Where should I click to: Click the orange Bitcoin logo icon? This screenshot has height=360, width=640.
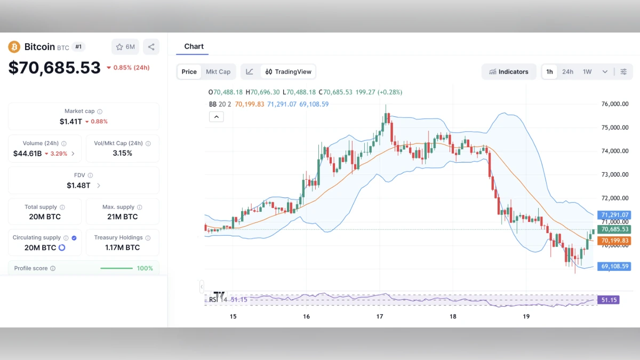click(14, 47)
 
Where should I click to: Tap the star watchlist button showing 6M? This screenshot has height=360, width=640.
click(125, 47)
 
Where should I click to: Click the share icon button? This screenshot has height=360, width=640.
click(151, 47)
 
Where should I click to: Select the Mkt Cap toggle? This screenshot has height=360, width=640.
click(218, 72)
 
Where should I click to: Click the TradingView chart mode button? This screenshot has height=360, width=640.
click(289, 72)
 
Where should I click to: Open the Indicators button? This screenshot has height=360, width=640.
click(509, 72)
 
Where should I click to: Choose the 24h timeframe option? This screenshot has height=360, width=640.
click(567, 72)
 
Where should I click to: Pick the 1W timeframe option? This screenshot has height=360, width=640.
click(587, 72)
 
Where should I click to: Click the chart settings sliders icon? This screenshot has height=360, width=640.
click(623, 72)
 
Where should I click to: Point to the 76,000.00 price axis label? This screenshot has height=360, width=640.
click(614, 104)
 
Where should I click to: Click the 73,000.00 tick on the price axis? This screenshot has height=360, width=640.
click(614, 174)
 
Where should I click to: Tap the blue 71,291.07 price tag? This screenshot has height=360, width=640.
click(614, 215)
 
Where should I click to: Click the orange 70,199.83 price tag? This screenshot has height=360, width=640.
click(614, 241)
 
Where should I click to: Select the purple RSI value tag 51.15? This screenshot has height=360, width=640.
click(609, 300)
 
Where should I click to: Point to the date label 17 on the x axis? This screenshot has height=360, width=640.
click(380, 317)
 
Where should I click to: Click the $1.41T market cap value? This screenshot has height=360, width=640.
click(71, 122)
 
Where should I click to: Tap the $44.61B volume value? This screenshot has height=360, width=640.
click(28, 154)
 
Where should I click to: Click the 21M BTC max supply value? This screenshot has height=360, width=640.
click(122, 217)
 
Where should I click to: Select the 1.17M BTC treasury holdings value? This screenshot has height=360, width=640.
click(122, 247)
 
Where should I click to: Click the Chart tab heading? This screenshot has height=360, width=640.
click(194, 46)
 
